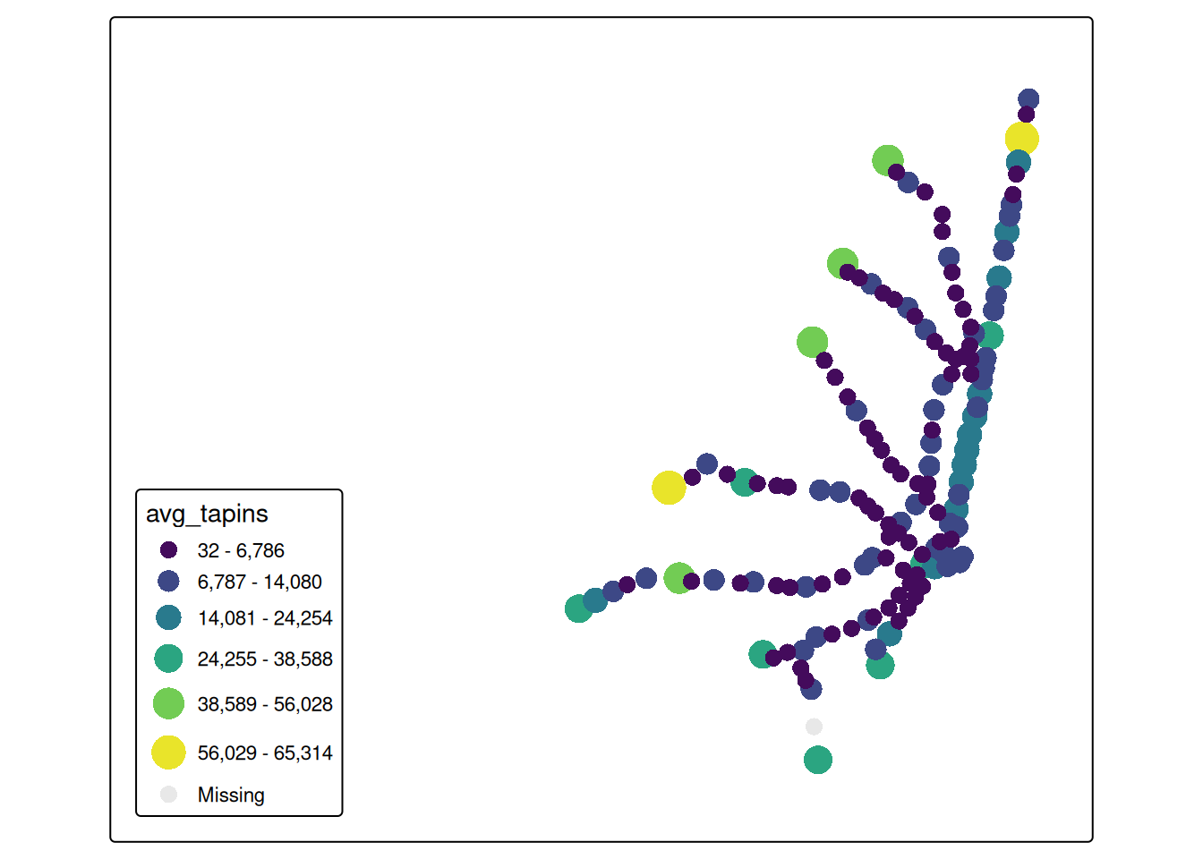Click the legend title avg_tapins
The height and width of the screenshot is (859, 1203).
click(207, 514)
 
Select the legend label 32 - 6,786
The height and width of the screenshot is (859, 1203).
click(241, 550)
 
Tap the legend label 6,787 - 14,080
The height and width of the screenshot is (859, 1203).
click(260, 582)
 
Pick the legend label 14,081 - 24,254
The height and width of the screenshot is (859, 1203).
click(265, 618)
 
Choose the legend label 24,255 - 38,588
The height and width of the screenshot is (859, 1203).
click(265, 659)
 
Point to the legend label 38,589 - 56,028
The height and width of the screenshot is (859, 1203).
click(265, 704)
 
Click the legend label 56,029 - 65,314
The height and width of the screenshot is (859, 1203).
click(265, 753)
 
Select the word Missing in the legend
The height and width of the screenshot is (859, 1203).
click(231, 795)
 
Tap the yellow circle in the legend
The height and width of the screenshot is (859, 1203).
click(168, 753)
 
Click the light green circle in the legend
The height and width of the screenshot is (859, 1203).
click(168, 704)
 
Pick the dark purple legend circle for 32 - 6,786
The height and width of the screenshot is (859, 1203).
click(168, 550)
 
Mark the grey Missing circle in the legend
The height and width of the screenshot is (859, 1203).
click(168, 795)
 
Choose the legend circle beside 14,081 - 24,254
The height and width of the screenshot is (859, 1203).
click(168, 618)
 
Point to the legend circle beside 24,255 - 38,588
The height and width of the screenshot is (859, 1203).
click(168, 659)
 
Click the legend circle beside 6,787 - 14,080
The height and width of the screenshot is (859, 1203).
click(168, 582)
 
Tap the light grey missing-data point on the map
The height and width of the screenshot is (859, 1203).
click(814, 727)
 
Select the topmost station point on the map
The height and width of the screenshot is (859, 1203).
click(1028, 99)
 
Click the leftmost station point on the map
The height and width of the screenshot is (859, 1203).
click(579, 609)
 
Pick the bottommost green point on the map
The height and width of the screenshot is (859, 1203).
click(818, 760)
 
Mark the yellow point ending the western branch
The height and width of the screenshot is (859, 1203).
click(669, 488)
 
